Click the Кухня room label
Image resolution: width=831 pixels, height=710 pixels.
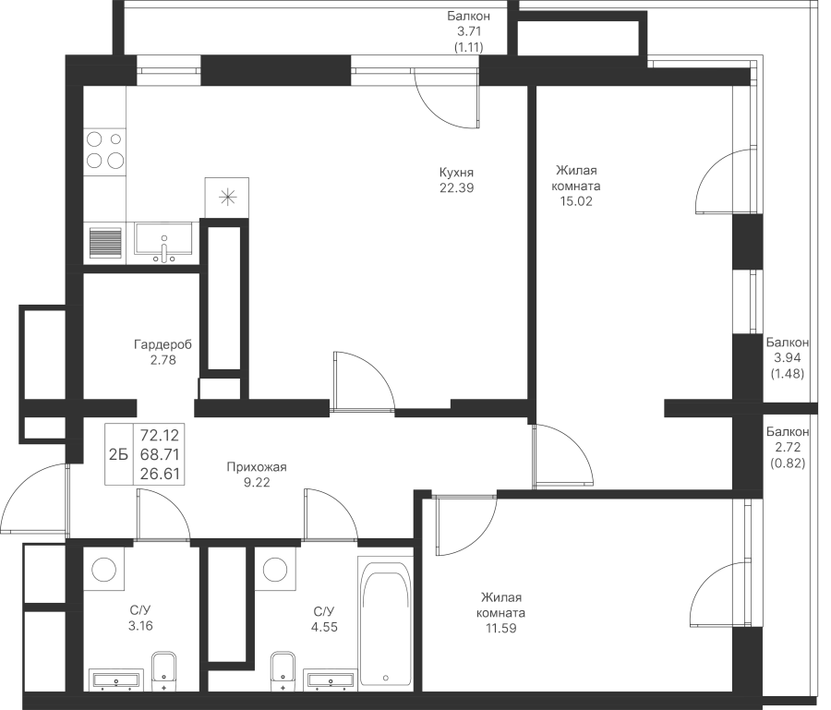456,173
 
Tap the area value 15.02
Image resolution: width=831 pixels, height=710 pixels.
576,201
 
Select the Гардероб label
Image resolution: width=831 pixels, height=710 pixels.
163,345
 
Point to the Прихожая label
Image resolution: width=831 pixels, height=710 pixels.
257,467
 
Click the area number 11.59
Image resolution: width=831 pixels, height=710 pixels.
500,629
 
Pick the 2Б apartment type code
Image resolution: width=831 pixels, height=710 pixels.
119,454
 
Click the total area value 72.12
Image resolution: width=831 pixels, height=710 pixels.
160,436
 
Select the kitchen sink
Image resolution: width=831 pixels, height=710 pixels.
163,243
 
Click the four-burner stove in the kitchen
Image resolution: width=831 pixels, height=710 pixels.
105,150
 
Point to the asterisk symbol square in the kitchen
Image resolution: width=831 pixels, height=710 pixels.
227,197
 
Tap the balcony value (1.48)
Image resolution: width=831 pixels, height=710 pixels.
787,374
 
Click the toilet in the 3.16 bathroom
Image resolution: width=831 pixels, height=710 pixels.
163,672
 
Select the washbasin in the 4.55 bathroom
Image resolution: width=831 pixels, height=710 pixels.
329,680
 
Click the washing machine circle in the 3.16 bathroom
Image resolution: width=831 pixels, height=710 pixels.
103,570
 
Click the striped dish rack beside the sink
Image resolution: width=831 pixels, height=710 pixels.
105,243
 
